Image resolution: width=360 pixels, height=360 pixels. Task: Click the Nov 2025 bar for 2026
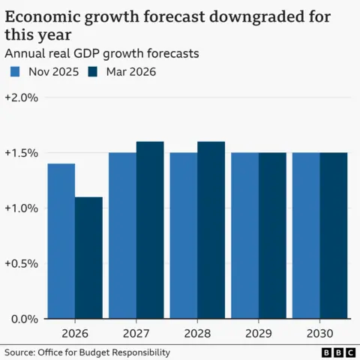61,241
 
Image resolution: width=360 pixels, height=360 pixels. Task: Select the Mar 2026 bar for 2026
88,258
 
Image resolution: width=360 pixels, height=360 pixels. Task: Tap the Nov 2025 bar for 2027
122,235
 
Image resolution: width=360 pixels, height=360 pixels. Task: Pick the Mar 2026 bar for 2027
150,230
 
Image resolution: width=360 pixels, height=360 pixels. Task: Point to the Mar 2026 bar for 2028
211,230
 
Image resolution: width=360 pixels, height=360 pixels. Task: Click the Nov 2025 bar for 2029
244,235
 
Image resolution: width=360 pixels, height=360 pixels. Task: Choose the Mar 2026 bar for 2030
334,235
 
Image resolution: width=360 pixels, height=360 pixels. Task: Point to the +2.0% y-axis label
21,97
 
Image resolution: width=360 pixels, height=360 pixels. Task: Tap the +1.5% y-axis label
21,153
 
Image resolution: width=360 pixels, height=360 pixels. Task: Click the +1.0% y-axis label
21,208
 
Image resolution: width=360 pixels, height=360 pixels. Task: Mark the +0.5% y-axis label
21,263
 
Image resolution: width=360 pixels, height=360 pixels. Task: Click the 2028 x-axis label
197,332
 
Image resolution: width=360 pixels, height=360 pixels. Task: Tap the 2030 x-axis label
319,332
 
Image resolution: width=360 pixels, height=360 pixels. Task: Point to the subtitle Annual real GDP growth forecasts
101,53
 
